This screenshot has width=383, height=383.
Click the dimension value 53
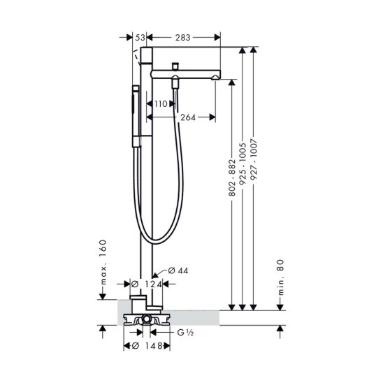[x=140, y=38]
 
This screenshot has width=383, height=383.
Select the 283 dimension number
[x=182, y=38]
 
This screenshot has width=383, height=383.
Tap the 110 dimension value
[x=161, y=104]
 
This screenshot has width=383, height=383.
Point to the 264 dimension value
[x=188, y=117]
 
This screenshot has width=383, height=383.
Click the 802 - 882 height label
[x=232, y=178]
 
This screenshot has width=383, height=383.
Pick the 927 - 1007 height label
[x=254, y=159]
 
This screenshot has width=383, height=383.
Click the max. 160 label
[x=103, y=262]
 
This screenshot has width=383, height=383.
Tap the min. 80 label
[x=281, y=277]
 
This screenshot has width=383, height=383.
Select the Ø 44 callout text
[x=178, y=270]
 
